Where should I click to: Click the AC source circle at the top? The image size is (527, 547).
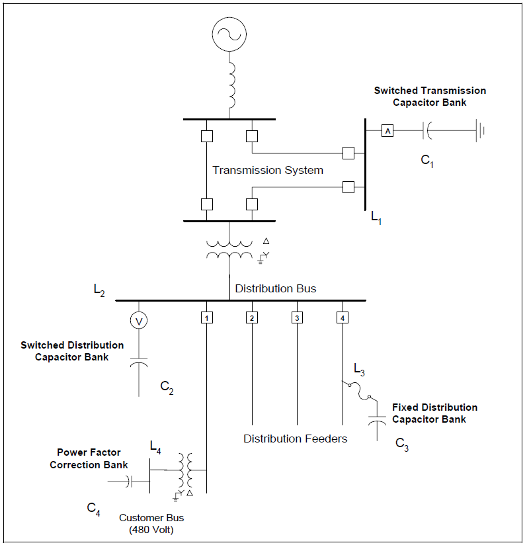coord(229,32)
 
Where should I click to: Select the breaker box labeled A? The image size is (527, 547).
coord(387,132)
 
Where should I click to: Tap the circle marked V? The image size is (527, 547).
coord(139,320)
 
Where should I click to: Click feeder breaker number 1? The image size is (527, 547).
coord(206,318)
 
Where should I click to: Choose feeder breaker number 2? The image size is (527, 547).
coord(251,318)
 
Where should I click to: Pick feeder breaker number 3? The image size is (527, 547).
coord(297,318)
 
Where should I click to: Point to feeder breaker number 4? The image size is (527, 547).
coord(342,318)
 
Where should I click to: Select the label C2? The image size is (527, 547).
coord(167,387)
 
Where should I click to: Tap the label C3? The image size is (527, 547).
coord(402,444)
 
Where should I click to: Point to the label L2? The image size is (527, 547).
coord(99,290)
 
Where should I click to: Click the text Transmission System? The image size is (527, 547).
coord(268,171)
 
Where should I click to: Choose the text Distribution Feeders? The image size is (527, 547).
coord(295,439)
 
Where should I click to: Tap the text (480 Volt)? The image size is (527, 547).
coord(151,530)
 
